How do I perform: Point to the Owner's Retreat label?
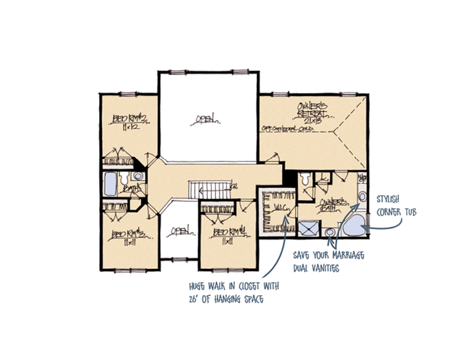pos(312,109)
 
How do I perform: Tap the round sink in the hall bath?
pos(137,176)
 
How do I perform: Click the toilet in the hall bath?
pos(125,180)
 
